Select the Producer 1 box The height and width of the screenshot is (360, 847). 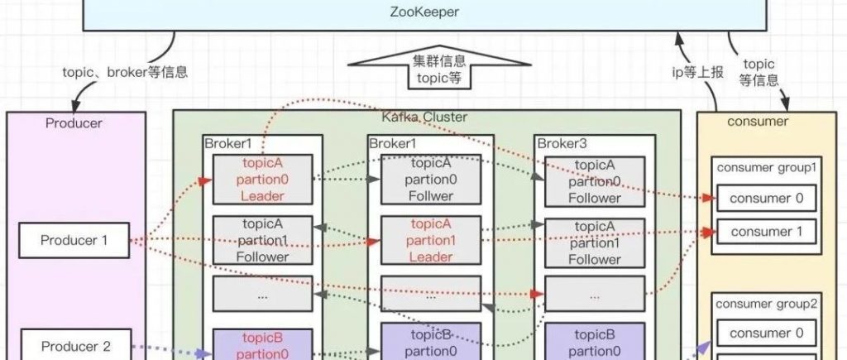tap(75, 241)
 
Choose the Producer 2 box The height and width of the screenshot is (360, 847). tap(75, 346)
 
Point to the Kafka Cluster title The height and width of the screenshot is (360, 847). tap(424, 118)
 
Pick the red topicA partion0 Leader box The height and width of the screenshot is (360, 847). tap(263, 180)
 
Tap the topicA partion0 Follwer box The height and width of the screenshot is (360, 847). tap(430, 180)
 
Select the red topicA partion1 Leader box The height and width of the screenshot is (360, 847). tap(430, 241)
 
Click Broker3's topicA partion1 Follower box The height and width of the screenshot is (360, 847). tap(594, 242)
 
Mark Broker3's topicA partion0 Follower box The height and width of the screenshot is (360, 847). tap(594, 181)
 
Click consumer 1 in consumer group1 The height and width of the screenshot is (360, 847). tap(766, 232)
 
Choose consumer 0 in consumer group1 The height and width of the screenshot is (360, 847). tap(766, 198)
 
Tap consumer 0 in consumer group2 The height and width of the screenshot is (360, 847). tap(766, 334)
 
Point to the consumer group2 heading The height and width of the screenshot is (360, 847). tap(767, 304)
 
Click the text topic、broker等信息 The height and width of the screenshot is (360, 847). tap(125, 71)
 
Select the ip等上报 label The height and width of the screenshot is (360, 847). tap(696, 72)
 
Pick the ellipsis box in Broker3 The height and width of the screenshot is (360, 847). tap(594, 294)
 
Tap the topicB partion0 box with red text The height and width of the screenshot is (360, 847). tap(263, 345)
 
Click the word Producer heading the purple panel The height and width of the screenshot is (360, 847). tap(74, 123)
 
